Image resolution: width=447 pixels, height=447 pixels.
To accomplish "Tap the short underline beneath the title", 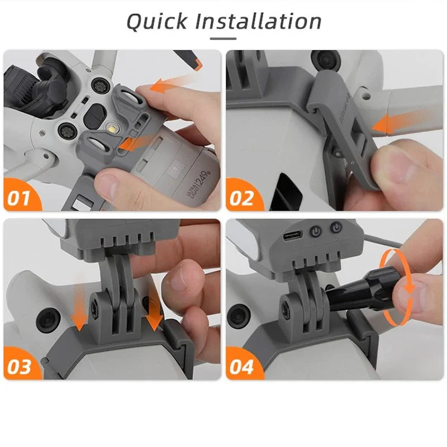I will [x=223, y=39].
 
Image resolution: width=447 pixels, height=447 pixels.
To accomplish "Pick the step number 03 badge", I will [x=20, y=368].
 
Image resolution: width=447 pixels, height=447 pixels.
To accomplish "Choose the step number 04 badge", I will [x=241, y=368].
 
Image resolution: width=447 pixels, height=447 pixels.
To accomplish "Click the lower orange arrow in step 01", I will [x=134, y=144].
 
